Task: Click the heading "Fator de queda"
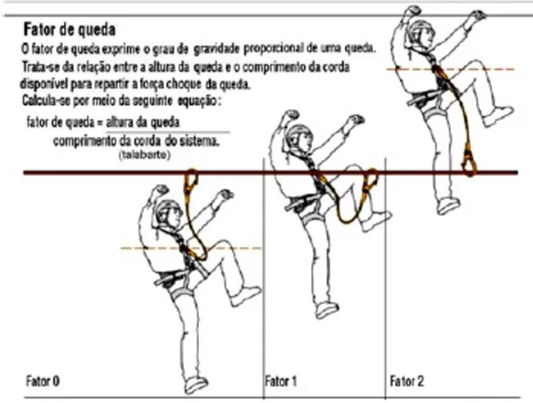(x=69, y=29)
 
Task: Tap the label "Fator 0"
(x=43, y=381)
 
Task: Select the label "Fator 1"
(x=281, y=381)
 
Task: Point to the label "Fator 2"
(x=407, y=381)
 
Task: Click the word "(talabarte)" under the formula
(x=145, y=155)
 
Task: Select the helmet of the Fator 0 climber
(x=167, y=208)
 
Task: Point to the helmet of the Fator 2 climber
(x=421, y=25)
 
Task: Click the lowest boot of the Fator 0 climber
(x=195, y=384)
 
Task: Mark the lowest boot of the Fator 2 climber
(x=448, y=205)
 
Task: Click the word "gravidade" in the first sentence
(x=217, y=50)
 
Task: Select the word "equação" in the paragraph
(x=199, y=101)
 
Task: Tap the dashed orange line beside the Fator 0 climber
(x=191, y=248)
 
